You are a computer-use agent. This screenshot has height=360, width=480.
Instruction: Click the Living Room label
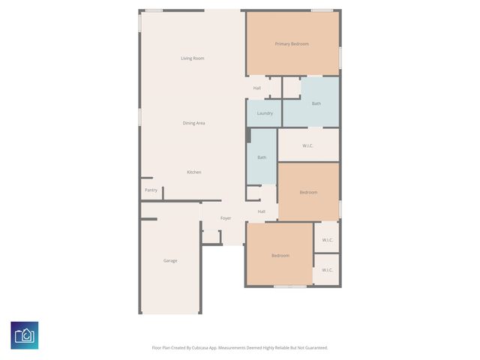[x=193, y=58]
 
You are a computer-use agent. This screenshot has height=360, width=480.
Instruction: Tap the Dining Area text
[x=193, y=123]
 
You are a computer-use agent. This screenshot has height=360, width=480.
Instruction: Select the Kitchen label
[x=193, y=172]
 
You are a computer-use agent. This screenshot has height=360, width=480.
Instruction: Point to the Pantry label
[x=151, y=190]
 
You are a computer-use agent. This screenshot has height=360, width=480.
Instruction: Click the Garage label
[x=170, y=260]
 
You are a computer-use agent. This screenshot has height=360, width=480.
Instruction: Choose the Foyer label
[x=225, y=218]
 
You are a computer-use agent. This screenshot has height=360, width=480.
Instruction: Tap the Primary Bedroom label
[x=292, y=44]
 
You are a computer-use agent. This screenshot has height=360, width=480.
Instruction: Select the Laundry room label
[x=265, y=113]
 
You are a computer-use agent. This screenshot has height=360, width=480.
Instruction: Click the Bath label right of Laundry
[x=316, y=103]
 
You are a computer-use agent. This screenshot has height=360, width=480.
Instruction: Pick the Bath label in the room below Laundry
[x=262, y=157]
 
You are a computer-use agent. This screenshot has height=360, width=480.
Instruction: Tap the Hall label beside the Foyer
[x=262, y=211]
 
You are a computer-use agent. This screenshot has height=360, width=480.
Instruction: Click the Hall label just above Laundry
[x=257, y=88]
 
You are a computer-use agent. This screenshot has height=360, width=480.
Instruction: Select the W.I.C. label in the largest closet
[x=308, y=145]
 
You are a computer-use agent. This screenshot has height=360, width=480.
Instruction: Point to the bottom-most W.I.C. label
[x=327, y=270]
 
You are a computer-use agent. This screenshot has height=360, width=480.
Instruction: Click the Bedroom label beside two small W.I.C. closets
[x=280, y=256]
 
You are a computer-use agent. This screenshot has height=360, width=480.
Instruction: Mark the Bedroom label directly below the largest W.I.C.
[x=308, y=193]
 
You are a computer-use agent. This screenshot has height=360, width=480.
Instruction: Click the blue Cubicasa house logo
[x=25, y=334]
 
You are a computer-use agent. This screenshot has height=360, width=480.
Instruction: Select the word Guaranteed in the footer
[x=313, y=348]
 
